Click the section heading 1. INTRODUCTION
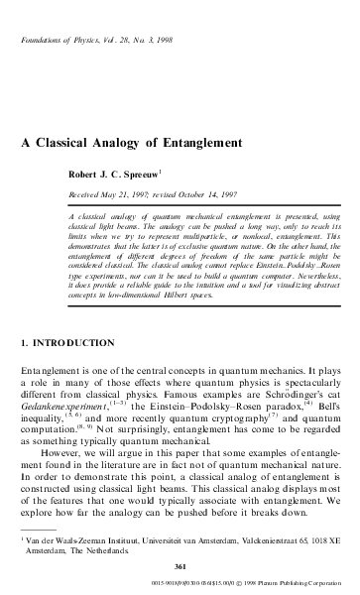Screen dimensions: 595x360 60,342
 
